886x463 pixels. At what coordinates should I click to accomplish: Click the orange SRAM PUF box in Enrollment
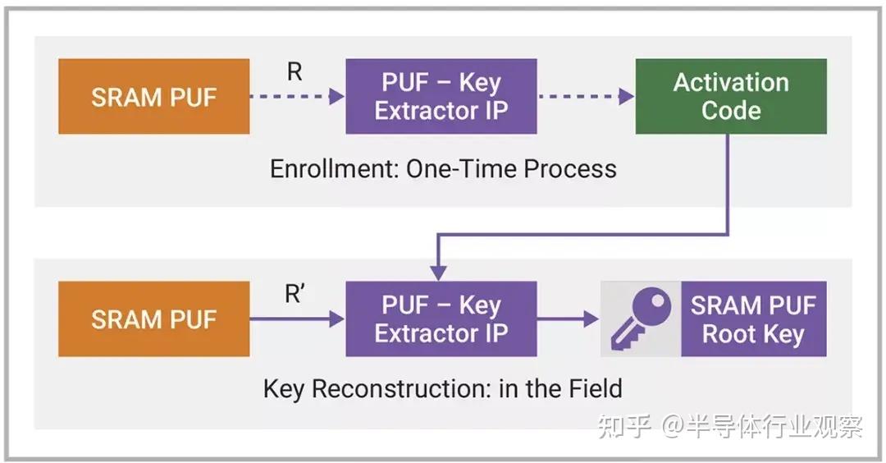pyautogui.click(x=153, y=97)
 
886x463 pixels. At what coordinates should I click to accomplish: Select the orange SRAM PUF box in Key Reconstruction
pyautogui.click(x=153, y=319)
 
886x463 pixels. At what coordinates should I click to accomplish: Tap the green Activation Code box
pyautogui.click(x=731, y=97)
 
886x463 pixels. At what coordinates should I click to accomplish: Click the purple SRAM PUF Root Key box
pyautogui.click(x=753, y=319)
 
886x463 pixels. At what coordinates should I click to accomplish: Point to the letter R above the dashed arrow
pyautogui.click(x=295, y=72)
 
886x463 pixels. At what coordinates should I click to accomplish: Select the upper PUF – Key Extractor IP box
pyautogui.click(x=441, y=97)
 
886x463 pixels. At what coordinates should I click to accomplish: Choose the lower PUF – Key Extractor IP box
pyautogui.click(x=441, y=319)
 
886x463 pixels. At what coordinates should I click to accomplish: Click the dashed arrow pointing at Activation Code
pyautogui.click(x=586, y=97)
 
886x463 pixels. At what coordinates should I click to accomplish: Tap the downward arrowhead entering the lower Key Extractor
pyautogui.click(x=438, y=271)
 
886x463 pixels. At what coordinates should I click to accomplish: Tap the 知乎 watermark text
pyautogui.click(x=625, y=426)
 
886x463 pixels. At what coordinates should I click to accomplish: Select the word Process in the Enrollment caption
pyautogui.click(x=571, y=169)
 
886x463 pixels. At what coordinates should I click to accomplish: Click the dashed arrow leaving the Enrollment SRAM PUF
pyautogui.click(x=296, y=97)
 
